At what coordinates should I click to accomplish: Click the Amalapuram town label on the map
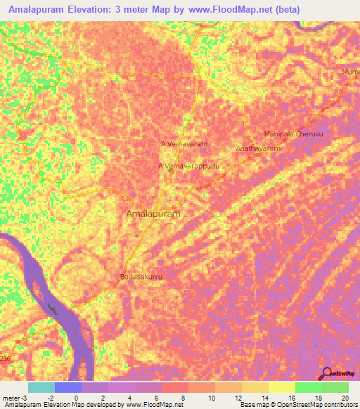click(x=153, y=213)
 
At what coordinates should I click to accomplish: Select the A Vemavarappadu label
click(x=187, y=165)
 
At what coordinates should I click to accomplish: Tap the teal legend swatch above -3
click(x=41, y=387)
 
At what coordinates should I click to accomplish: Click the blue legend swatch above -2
click(x=67, y=387)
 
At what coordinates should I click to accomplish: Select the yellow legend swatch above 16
click(x=281, y=387)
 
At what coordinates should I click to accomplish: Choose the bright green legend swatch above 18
click(x=308, y=387)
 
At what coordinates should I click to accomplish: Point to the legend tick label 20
click(x=344, y=398)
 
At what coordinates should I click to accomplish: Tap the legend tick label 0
click(x=77, y=398)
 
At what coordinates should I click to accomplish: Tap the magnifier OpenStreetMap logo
click(x=327, y=372)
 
